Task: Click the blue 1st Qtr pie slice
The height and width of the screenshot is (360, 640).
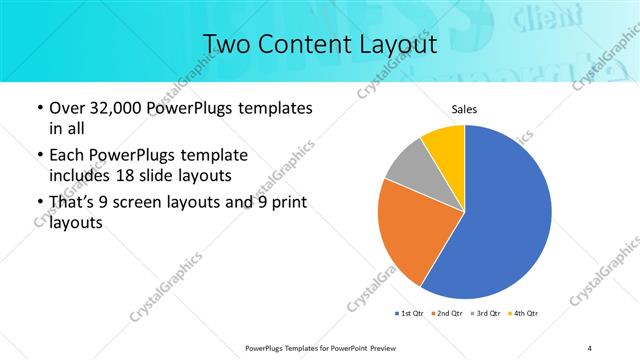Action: [505, 225]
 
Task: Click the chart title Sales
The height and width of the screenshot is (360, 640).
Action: [464, 108]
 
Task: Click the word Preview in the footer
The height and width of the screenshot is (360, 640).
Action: [374, 347]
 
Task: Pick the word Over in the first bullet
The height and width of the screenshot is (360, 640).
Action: [67, 107]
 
